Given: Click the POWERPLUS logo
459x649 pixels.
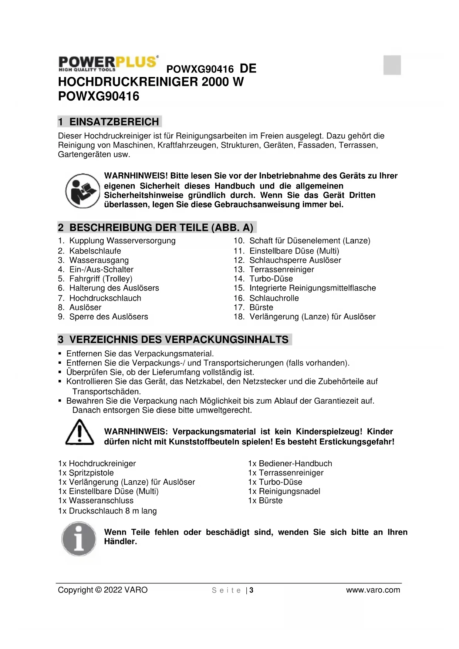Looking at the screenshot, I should (108, 63).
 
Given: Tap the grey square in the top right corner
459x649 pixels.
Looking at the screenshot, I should (392, 65).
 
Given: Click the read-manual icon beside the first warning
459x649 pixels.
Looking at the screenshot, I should (83, 191).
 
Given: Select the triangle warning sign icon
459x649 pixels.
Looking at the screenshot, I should (80, 433).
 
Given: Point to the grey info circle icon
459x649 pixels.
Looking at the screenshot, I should (79, 538).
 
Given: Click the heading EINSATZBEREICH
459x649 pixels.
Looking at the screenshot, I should (114, 122).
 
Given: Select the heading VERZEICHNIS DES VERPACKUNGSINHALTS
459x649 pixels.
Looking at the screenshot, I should (179, 339).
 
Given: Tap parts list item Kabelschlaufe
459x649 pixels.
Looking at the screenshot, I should (95, 251).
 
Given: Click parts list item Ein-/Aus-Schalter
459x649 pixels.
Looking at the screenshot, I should (101, 269).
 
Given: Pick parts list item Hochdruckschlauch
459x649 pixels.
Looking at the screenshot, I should (105, 298).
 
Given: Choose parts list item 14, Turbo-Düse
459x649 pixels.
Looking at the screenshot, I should (271, 279).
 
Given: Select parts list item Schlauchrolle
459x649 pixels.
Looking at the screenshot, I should (274, 298).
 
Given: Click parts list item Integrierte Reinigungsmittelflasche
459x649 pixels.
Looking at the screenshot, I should (312, 288).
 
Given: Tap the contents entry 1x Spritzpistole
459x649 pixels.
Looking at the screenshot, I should (86, 473).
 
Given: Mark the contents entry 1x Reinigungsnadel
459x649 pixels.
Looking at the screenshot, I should (284, 491).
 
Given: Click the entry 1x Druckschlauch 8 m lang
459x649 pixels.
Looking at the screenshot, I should (107, 511).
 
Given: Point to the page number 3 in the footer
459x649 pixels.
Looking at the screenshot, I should (252, 590).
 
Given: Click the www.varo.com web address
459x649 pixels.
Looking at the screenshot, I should (373, 590).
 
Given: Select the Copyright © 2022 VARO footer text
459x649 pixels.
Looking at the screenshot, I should (103, 590).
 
